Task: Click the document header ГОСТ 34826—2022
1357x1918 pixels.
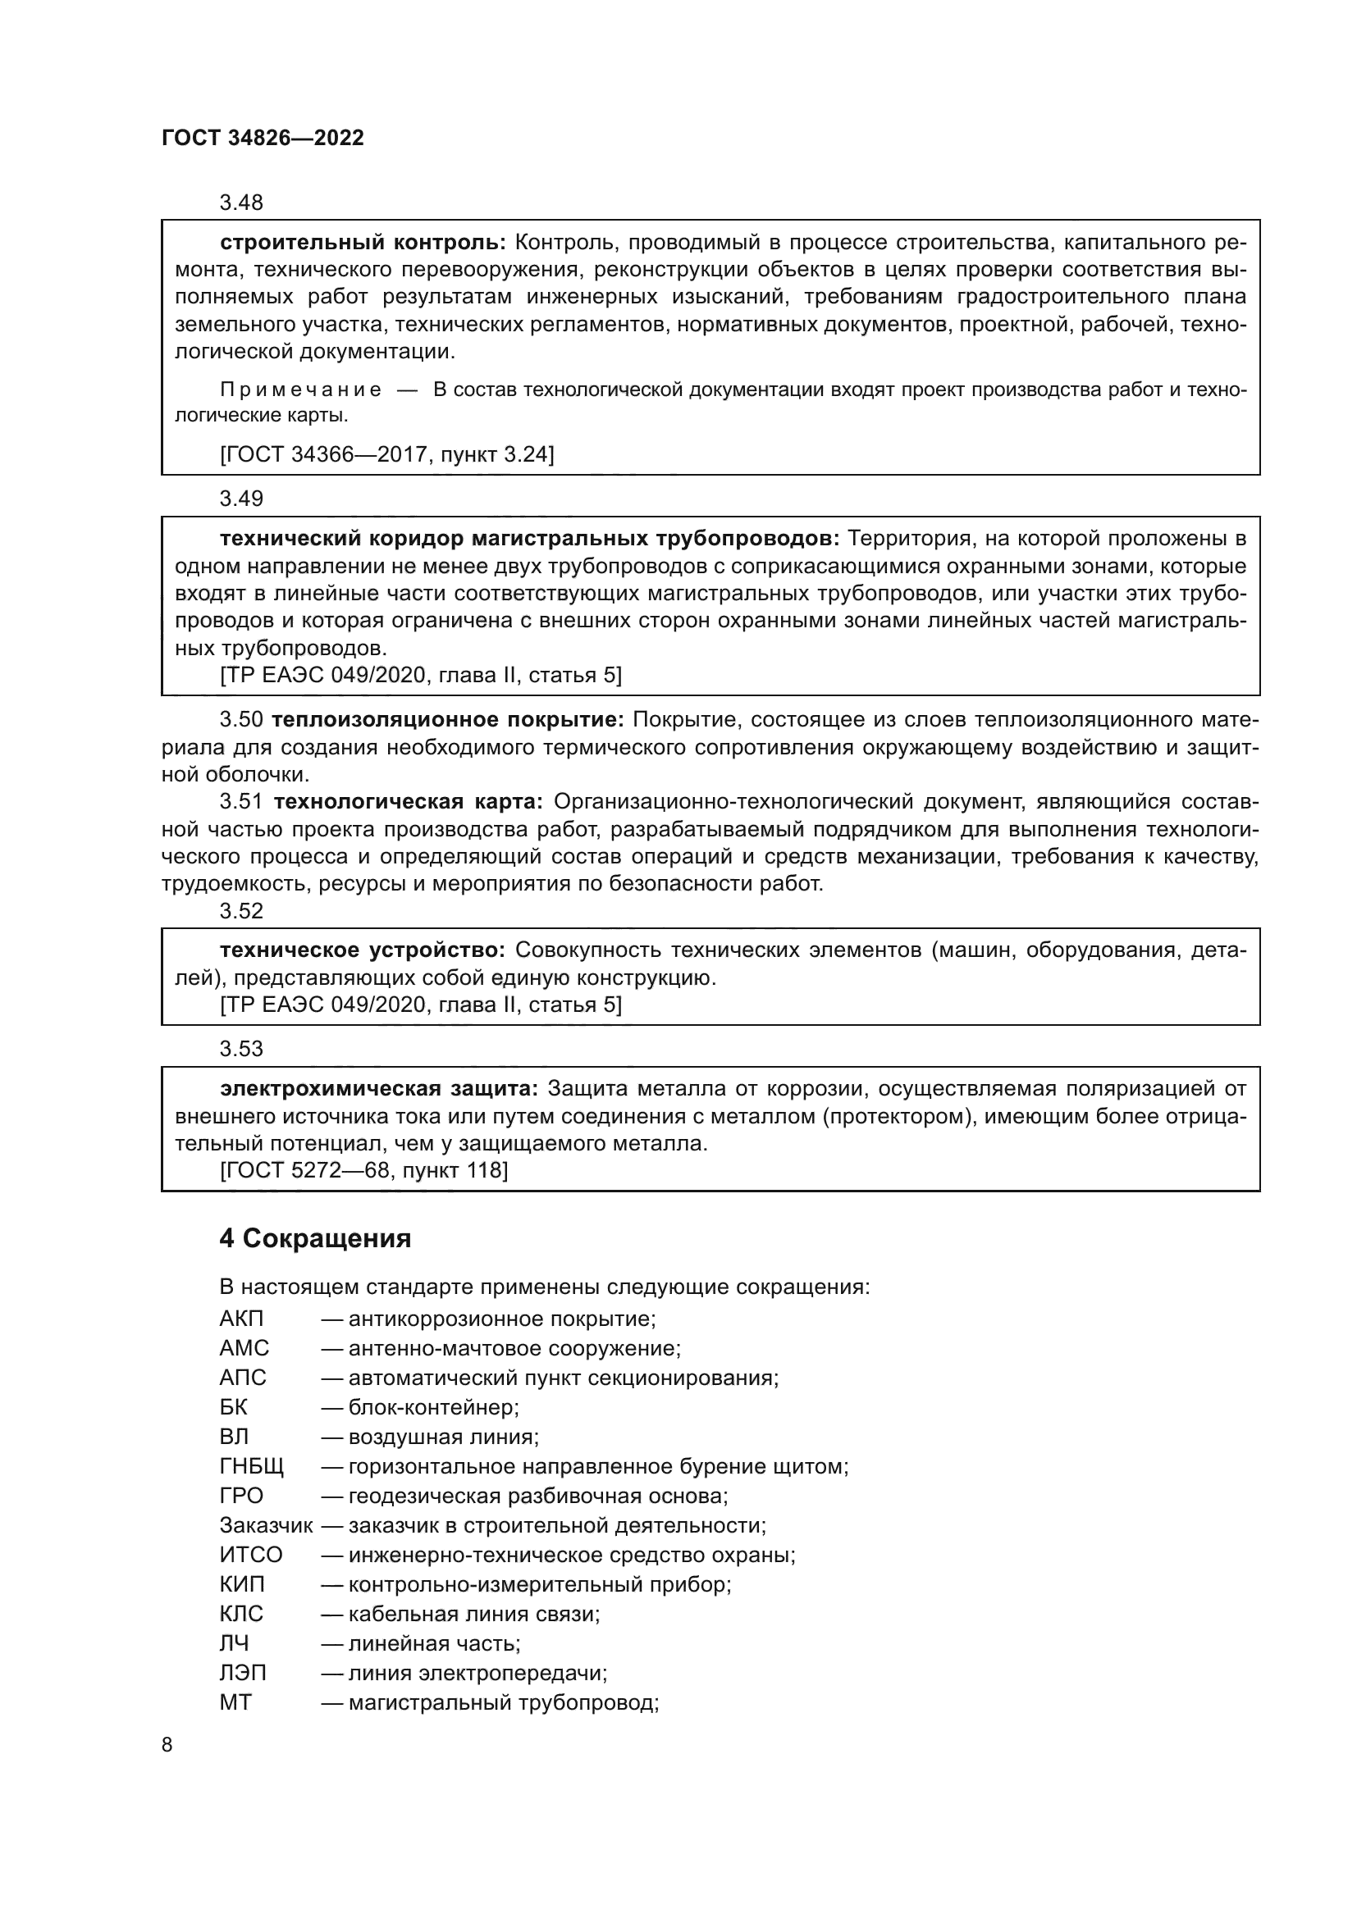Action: tap(263, 138)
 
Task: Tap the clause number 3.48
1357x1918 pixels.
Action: tap(241, 203)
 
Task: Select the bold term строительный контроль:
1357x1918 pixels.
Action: tap(363, 242)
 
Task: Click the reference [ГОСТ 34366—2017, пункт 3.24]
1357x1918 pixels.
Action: tap(386, 454)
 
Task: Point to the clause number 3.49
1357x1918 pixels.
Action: tap(241, 499)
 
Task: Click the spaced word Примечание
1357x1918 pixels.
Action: tap(301, 390)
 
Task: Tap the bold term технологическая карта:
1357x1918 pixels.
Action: tap(408, 802)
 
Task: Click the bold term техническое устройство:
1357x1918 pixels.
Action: tap(362, 950)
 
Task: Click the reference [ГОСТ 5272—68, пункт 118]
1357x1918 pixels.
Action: tap(363, 1170)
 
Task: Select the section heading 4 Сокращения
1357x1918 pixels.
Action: tap(315, 1239)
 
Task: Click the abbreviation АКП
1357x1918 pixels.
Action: tap(241, 1320)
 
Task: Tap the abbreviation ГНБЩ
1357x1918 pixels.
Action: tap(252, 1467)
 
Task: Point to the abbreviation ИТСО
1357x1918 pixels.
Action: tap(251, 1556)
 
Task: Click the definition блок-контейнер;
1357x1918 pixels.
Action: tap(434, 1409)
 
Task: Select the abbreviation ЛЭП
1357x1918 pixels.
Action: tap(243, 1674)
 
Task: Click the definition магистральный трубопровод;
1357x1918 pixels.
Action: tap(504, 1702)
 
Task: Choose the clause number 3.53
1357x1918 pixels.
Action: tap(241, 1050)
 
